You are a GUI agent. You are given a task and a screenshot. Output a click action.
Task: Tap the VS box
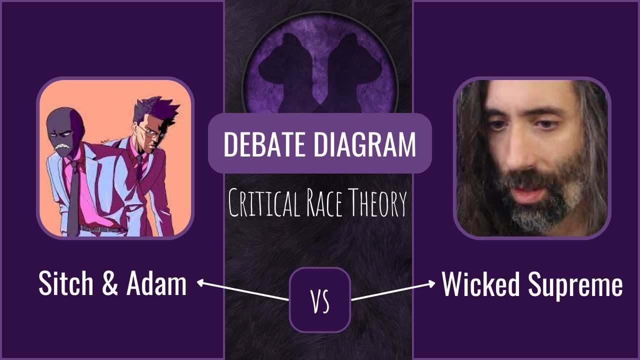coord(320,300)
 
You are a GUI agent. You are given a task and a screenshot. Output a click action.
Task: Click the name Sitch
coord(65,284)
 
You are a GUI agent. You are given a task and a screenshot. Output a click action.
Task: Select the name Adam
coord(156,284)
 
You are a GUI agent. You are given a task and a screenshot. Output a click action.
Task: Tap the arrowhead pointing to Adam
coord(199,282)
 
